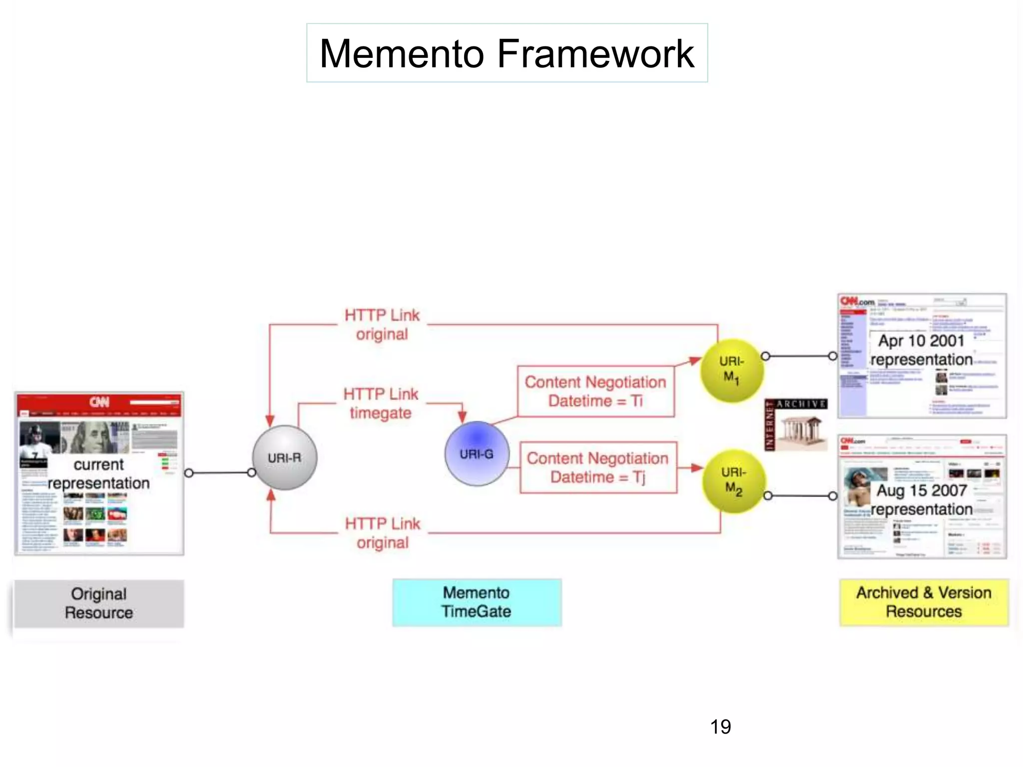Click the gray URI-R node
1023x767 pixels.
point(284,457)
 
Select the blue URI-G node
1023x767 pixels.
point(477,453)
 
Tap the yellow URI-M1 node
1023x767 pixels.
point(732,370)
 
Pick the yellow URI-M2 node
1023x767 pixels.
point(734,481)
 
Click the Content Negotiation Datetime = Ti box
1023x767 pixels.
point(595,391)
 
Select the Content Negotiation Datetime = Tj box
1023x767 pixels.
point(598,467)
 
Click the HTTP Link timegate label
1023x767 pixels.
point(381,403)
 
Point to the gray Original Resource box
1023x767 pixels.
point(99,603)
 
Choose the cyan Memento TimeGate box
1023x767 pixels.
point(477,602)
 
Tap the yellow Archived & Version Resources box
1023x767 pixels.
point(924,602)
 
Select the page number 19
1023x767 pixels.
point(720,727)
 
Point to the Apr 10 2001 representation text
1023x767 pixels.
point(922,350)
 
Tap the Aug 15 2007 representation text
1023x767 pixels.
point(922,500)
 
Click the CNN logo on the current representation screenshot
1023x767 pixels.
point(99,402)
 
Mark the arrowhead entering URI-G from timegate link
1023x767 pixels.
point(462,417)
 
